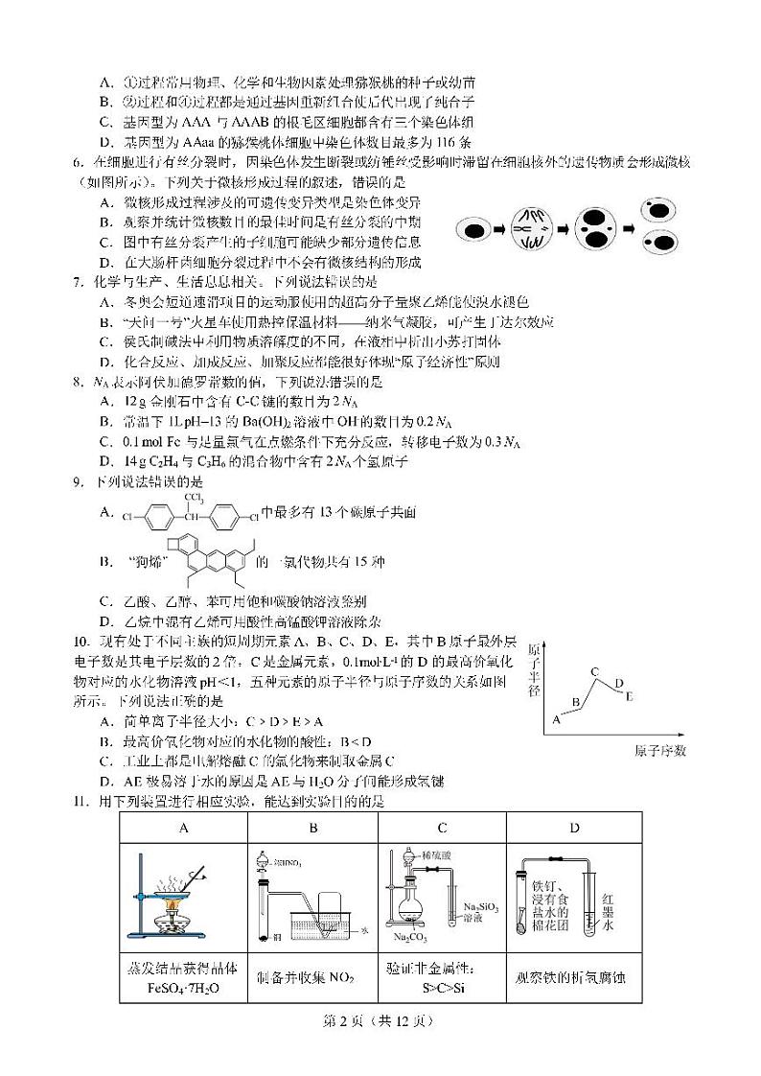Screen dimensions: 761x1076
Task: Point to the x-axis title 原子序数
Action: click(660, 750)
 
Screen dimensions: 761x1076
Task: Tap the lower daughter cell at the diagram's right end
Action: click(661, 244)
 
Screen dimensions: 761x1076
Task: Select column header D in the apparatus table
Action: click(573, 828)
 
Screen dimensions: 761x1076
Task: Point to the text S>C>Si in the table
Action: click(442, 986)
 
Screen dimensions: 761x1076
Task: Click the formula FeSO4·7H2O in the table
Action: click(183, 987)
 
